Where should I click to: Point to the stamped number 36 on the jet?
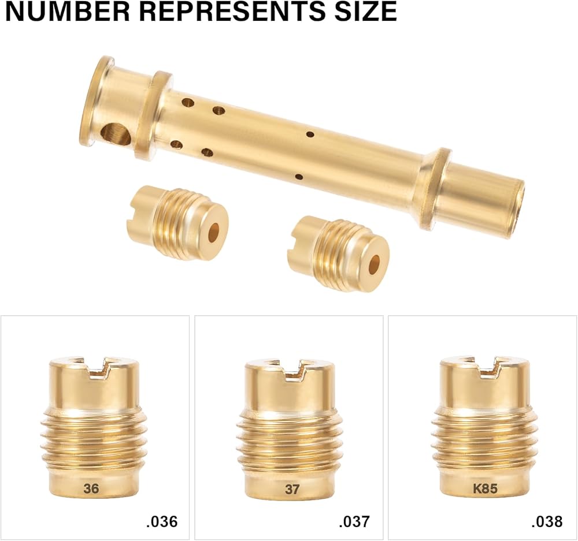[91, 488]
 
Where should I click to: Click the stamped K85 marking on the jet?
[485, 488]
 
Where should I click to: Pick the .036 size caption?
[162, 521]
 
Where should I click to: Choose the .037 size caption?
[354, 521]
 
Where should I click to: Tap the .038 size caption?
[547, 521]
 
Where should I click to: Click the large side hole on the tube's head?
[116, 136]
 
